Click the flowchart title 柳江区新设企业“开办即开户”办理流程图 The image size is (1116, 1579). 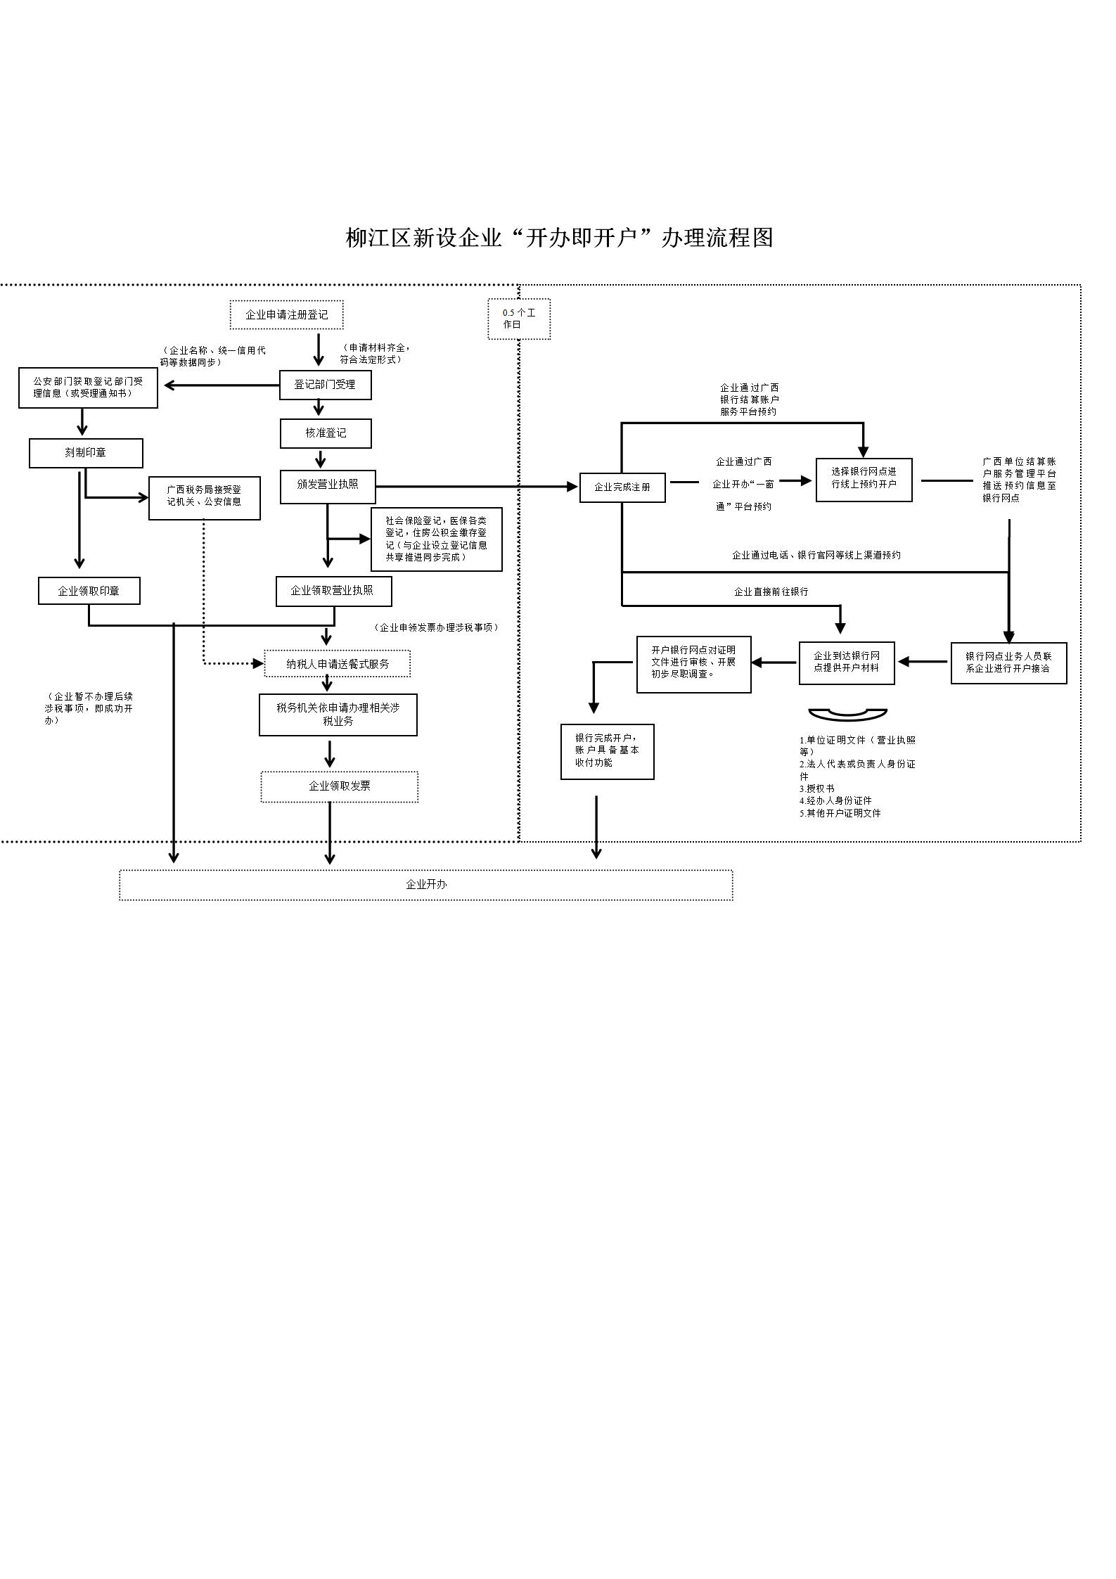[559, 238]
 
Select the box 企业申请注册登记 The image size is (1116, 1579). [286, 314]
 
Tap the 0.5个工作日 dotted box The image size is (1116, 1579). [519, 319]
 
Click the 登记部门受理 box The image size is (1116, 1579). [325, 385]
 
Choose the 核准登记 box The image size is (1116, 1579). [326, 433]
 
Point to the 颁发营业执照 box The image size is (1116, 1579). [328, 486]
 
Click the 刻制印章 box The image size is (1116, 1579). [86, 453]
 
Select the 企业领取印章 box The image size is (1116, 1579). [89, 591]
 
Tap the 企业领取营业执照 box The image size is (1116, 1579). [333, 591]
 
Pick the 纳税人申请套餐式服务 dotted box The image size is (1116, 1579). [338, 663]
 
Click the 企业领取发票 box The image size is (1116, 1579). [339, 786]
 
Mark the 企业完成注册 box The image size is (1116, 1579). [622, 487]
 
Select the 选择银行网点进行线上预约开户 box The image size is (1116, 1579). [864, 479]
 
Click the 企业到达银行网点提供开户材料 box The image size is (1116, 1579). [847, 662]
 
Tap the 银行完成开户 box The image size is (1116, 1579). [607, 750]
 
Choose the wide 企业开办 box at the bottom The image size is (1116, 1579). [425, 884]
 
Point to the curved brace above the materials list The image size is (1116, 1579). [847, 715]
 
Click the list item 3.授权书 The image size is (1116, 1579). [817, 788]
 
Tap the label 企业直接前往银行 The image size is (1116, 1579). [771, 592]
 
